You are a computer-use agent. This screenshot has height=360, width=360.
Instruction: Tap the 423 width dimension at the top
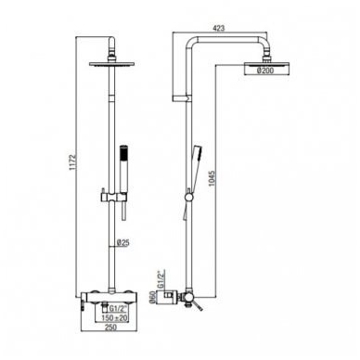(x=219, y=28)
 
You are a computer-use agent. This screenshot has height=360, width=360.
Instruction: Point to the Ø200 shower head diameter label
(x=265, y=71)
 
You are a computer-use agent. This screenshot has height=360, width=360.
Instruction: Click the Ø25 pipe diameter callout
(x=122, y=243)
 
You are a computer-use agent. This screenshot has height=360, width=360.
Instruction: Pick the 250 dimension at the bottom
(x=110, y=327)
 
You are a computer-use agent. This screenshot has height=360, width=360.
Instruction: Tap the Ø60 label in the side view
(x=151, y=298)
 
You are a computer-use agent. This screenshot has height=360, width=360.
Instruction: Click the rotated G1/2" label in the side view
(x=161, y=279)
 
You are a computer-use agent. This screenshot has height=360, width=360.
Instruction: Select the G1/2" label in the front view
(x=119, y=309)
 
